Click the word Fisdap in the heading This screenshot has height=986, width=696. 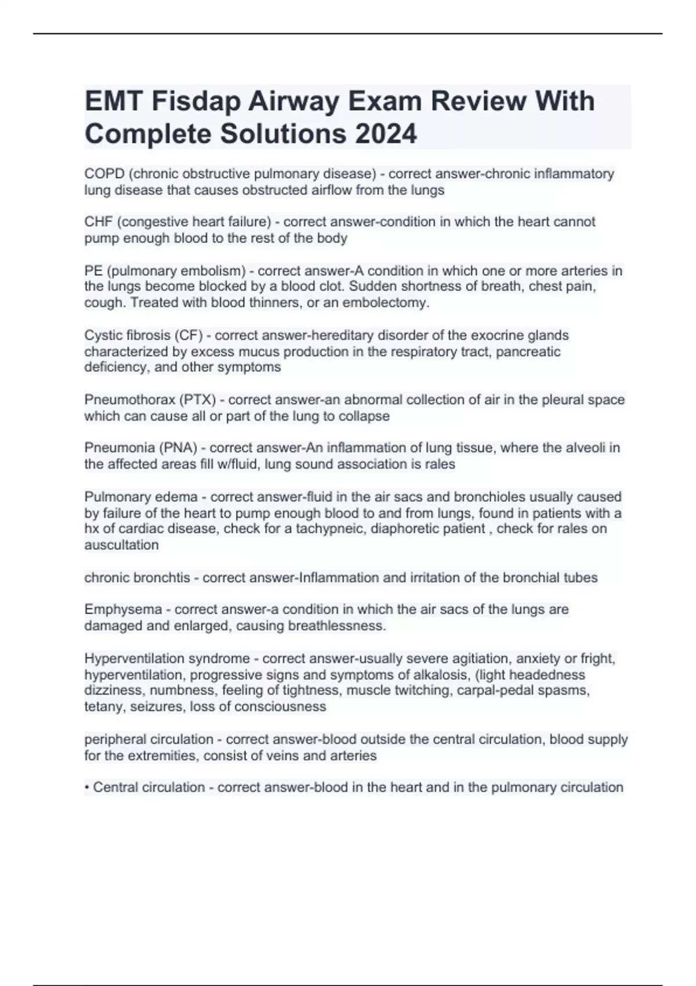(196, 101)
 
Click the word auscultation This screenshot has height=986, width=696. (121, 545)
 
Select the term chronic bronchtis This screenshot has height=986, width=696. (137, 578)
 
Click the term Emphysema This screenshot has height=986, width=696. (123, 610)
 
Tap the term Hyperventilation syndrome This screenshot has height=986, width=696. (167, 659)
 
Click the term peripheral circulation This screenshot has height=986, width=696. (148, 739)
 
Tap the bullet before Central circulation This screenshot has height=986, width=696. (86, 788)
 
